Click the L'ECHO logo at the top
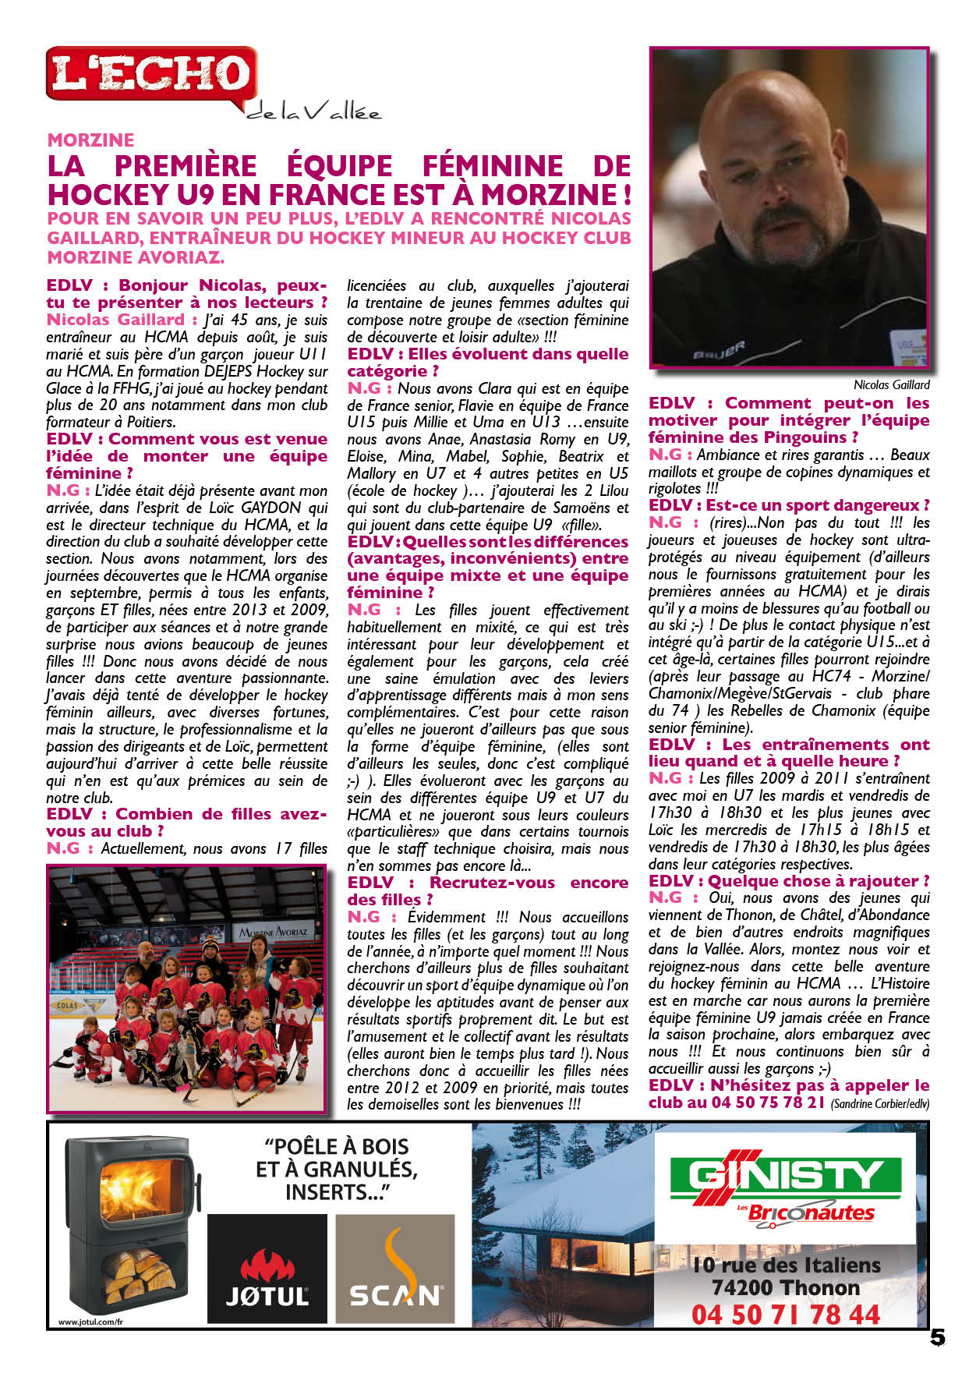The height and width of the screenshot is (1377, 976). coord(151,74)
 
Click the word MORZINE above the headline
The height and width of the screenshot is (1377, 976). coord(90,140)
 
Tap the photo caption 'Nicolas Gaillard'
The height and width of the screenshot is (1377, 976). coord(891,384)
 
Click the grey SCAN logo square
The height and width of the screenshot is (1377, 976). coord(395,1269)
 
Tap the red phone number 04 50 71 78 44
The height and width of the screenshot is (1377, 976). coord(785,1315)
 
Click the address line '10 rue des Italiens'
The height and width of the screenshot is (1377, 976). coord(786,1265)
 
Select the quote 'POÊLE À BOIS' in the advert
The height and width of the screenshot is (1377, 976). coord(336,1146)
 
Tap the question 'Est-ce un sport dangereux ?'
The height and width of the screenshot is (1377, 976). coord(818,505)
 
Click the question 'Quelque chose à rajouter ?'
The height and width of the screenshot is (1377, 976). coord(819,881)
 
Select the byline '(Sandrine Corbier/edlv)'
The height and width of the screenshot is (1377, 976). coord(880,1104)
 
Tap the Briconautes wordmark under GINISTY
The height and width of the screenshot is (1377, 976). coord(811,1213)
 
